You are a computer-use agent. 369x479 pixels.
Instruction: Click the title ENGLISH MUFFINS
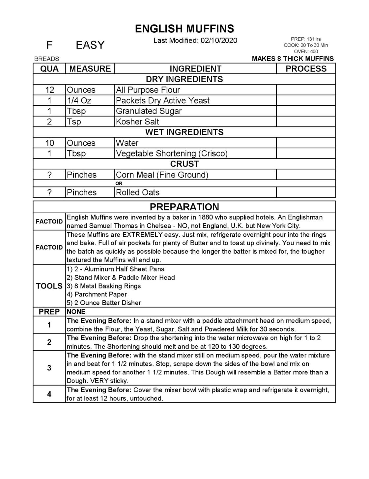[184, 29]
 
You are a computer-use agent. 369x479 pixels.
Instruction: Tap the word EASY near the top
[90, 45]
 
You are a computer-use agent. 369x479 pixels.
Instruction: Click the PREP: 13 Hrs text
[306, 39]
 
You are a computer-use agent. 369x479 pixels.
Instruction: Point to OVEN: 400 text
[306, 51]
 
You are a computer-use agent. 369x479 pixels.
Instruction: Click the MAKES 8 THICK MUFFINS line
[293, 59]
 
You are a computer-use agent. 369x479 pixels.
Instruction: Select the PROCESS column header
[306, 69]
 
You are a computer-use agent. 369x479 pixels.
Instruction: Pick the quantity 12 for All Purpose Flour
[49, 90]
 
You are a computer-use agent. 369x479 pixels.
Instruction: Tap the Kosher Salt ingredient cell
[138, 121]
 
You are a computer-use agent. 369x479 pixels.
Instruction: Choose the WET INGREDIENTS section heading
[184, 132]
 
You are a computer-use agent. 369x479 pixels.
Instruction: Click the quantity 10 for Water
[49, 143]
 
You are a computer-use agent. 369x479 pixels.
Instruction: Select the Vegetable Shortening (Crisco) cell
[172, 154]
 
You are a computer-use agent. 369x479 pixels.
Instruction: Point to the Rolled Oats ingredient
[138, 192]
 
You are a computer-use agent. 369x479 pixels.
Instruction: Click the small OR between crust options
[119, 183]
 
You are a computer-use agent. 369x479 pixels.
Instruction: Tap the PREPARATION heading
[184, 207]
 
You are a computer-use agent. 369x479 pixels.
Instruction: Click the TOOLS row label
[49, 286]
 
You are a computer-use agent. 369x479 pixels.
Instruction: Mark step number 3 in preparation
[49, 368]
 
